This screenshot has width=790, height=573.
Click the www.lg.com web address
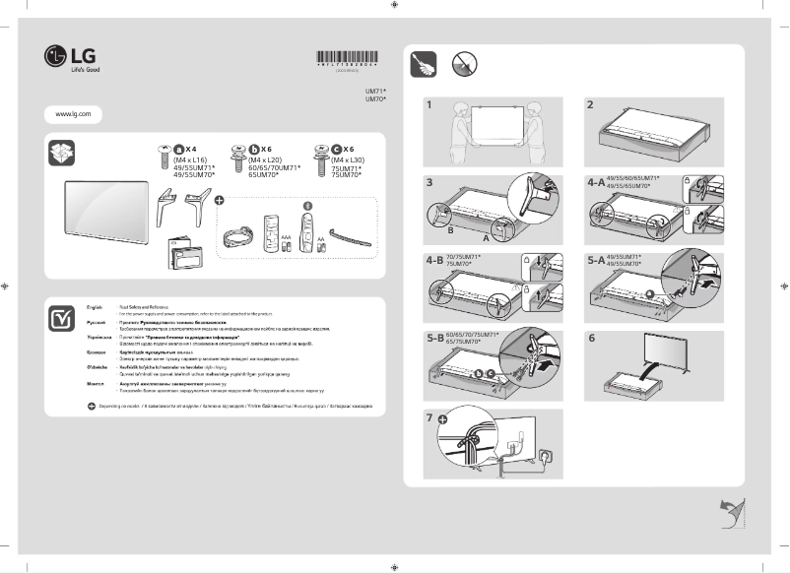click(x=73, y=115)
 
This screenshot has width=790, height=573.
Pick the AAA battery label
click(x=286, y=236)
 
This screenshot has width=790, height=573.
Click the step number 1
click(x=429, y=104)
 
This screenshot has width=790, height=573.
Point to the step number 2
click(x=590, y=104)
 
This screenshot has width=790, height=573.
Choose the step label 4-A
click(x=595, y=182)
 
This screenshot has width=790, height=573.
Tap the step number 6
click(x=590, y=338)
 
